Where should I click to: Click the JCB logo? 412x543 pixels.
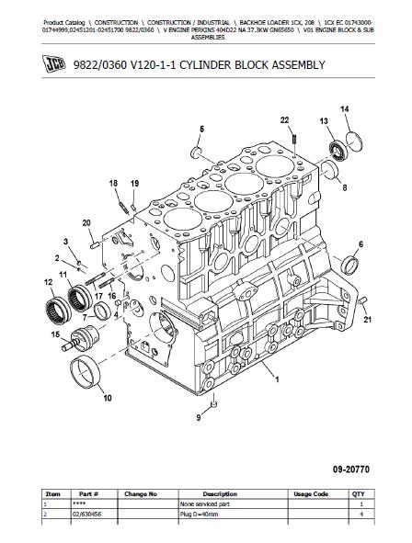(54, 64)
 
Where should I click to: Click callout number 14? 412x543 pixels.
(345, 109)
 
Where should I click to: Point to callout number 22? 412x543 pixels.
(284, 120)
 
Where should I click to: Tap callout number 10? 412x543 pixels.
(108, 398)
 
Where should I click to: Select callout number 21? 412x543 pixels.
(367, 320)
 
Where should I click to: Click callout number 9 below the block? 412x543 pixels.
(199, 418)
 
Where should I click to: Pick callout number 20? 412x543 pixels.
(86, 223)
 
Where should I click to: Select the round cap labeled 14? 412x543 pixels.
(354, 142)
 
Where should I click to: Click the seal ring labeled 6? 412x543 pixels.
(350, 266)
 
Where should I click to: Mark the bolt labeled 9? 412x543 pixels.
(213, 402)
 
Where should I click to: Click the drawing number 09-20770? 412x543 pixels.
(351, 469)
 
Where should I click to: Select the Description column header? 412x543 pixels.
(220, 493)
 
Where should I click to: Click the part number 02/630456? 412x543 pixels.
(87, 515)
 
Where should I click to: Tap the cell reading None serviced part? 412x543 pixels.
(204, 504)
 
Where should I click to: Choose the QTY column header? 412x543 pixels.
(358, 493)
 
